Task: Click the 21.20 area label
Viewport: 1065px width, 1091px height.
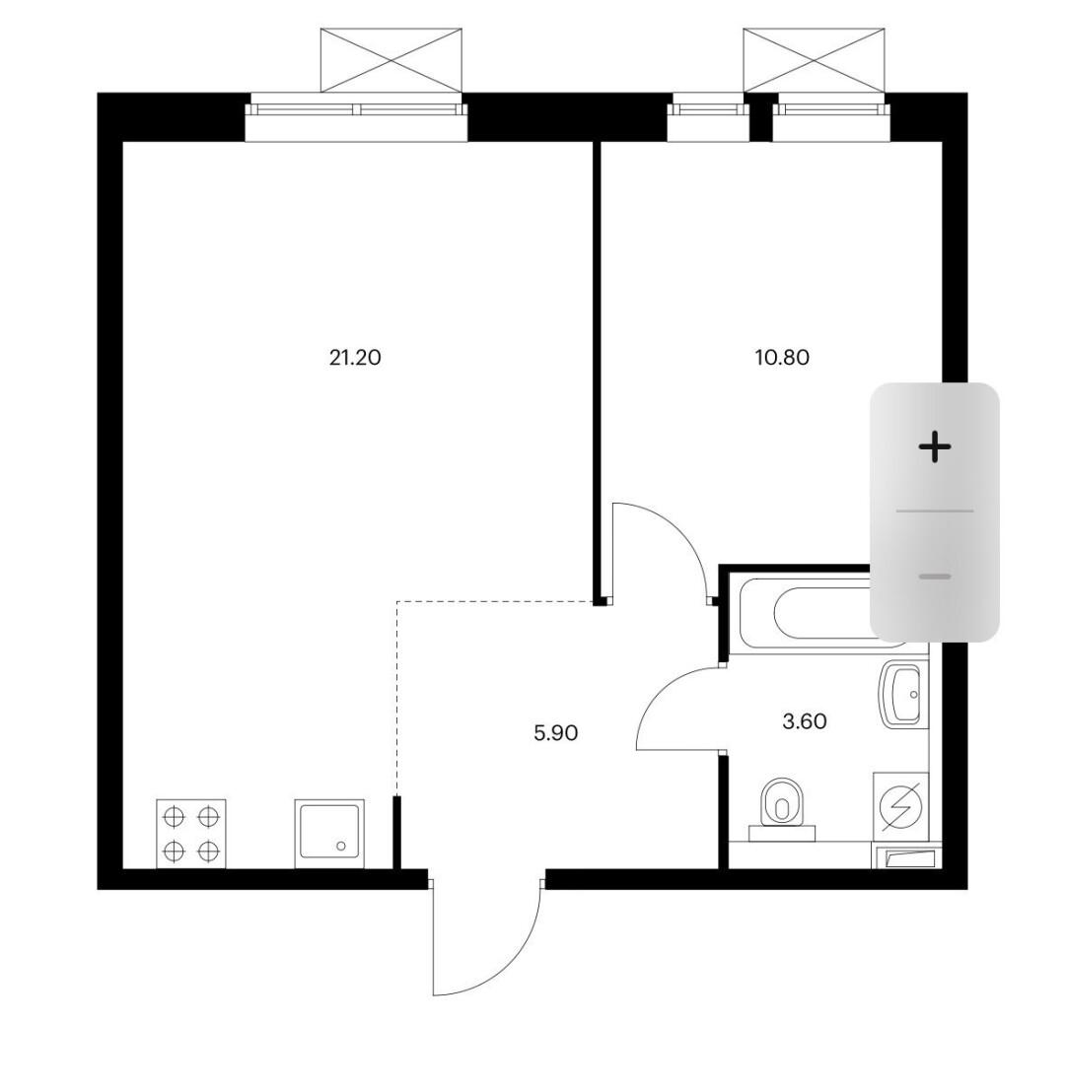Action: pyautogui.click(x=355, y=358)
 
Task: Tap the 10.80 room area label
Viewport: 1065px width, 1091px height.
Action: pyautogui.click(x=782, y=358)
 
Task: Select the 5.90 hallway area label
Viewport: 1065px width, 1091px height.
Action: pyautogui.click(x=555, y=732)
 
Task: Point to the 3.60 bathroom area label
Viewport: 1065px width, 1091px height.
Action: pyautogui.click(x=805, y=721)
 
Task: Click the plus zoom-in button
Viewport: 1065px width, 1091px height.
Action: pyautogui.click(x=935, y=446)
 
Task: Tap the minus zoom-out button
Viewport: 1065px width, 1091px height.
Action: pyautogui.click(x=935, y=577)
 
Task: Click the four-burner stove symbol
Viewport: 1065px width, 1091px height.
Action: pyautogui.click(x=191, y=834)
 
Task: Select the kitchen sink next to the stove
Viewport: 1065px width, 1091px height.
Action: pyautogui.click(x=329, y=834)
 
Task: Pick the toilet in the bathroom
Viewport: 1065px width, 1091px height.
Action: pyautogui.click(x=782, y=810)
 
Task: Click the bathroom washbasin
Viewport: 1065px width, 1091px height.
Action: pyautogui.click(x=902, y=695)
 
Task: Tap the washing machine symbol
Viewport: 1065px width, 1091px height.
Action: pyautogui.click(x=900, y=806)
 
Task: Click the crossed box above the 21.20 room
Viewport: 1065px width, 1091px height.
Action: pyautogui.click(x=391, y=60)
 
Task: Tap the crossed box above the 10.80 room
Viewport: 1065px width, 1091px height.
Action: pyautogui.click(x=815, y=60)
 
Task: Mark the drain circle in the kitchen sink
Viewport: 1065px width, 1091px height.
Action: pyautogui.click(x=340, y=846)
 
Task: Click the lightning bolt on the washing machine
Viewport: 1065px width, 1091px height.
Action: pyautogui.click(x=901, y=806)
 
